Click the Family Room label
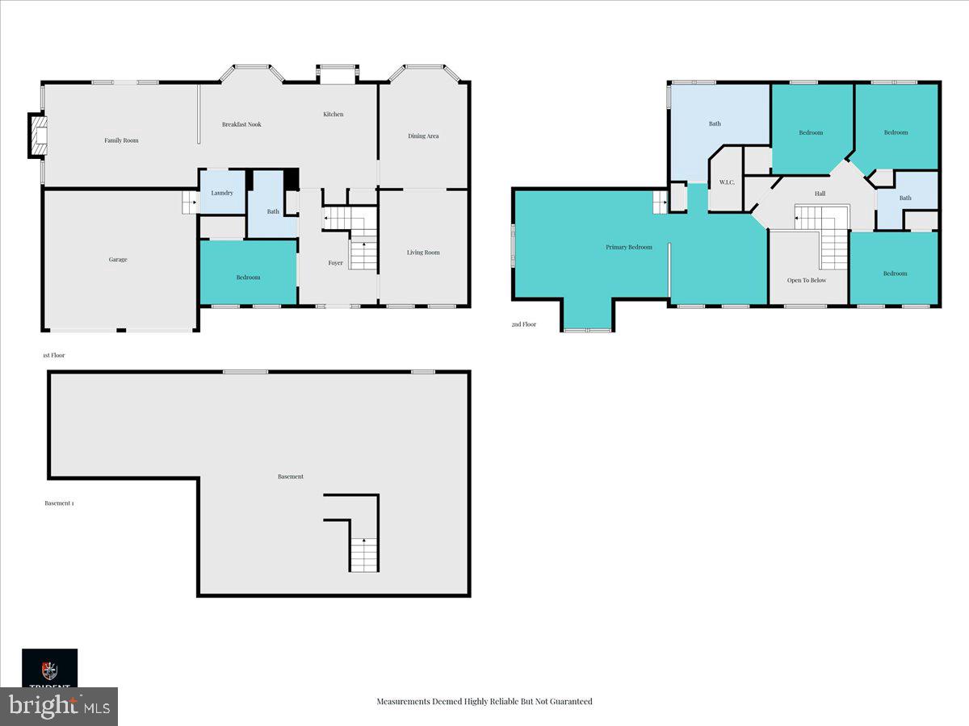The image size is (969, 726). point(121,140)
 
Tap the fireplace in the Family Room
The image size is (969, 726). point(38,135)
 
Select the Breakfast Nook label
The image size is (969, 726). point(241,124)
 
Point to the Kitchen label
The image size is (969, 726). point(333,115)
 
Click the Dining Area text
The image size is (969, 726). point(423,136)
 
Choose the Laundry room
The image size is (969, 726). point(222,193)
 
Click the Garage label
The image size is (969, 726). point(118,260)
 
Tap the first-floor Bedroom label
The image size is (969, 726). point(248,277)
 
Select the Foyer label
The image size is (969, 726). point(335,263)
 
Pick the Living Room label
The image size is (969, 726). point(423,252)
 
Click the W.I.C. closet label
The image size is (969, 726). point(726,181)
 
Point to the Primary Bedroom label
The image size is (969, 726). point(628,247)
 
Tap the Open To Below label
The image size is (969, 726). point(807,280)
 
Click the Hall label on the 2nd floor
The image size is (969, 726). point(820,194)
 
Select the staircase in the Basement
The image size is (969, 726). point(364,554)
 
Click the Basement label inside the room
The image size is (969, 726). point(291,477)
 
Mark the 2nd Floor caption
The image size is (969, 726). point(523,324)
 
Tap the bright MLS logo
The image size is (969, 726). point(59,707)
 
